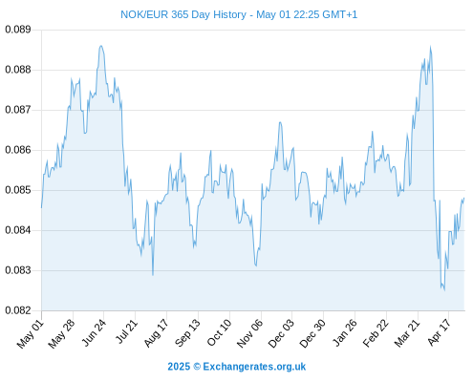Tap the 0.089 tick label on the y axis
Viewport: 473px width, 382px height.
(x=18, y=30)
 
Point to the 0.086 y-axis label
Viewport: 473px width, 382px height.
(x=18, y=150)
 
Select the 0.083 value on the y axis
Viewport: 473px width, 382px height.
(x=18, y=270)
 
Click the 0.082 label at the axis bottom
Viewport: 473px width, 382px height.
(x=18, y=310)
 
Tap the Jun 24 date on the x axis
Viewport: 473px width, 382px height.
(x=94, y=332)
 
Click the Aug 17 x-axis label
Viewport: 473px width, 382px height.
(x=156, y=333)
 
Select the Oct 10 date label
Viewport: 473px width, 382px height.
(x=219, y=332)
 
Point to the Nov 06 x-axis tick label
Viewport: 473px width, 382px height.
(x=250, y=333)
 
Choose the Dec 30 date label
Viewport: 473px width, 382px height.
(x=312, y=333)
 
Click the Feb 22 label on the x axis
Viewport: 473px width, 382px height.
(x=376, y=333)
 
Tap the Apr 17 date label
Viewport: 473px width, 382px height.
(x=440, y=332)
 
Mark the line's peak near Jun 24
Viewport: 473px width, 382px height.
(x=101, y=46)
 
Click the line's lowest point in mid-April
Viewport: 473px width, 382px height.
(x=444, y=290)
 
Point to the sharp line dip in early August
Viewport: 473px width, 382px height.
(x=153, y=275)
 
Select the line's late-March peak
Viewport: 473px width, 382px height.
(x=430, y=47)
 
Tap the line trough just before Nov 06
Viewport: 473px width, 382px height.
(x=256, y=265)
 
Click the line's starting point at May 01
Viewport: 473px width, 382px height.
(x=41, y=208)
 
